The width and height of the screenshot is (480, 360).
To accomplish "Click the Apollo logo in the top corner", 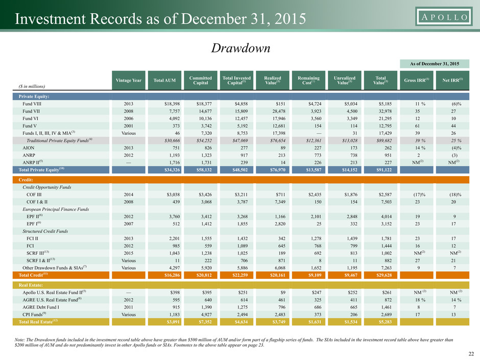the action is coord(444,16).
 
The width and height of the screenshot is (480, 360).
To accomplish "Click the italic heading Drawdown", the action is coord(241,48).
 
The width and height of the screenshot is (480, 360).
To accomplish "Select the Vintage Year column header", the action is coord(129,80).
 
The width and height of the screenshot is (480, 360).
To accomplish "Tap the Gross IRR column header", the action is coord(416,80).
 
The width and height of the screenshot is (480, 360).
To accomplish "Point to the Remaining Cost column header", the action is coord(308,80).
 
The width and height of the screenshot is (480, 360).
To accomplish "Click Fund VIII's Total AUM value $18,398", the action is coord(172,104).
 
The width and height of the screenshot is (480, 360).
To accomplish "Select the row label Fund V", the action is coord(30,126).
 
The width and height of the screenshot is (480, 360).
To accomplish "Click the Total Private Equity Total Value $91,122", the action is coord(384,170).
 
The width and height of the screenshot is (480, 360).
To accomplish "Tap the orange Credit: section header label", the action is coord(26,180).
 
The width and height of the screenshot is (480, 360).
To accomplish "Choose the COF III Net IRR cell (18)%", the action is coord(455,195).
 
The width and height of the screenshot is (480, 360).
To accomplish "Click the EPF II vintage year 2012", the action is coord(129,217).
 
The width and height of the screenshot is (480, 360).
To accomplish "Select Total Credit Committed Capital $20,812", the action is coord(204,275).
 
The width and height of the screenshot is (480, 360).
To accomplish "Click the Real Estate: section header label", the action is coord(31,285).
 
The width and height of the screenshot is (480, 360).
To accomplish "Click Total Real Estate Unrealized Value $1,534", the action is coord(351,322).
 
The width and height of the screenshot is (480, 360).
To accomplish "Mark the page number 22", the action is coord(471,354).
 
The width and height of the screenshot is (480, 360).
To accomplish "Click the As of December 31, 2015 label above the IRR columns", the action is coord(435,64).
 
